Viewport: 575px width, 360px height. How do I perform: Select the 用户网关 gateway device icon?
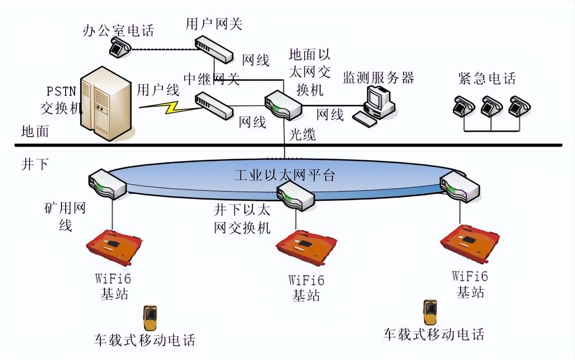214,49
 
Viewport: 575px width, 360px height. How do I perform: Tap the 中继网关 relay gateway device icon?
214,106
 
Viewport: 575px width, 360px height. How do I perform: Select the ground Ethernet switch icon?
283,105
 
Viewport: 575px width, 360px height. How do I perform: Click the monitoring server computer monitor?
378,99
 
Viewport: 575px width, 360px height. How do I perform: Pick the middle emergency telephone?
491,107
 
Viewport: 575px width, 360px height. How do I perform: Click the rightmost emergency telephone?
519,107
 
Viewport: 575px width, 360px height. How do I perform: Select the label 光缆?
302,134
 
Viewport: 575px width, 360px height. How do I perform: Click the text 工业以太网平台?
285,175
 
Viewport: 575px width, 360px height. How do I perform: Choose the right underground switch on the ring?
460,187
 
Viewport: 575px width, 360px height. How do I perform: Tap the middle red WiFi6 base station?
305,248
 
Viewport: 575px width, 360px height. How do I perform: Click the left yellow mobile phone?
150,317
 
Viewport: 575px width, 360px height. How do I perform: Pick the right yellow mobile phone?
430,312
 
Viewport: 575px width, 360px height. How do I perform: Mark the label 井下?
35,164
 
